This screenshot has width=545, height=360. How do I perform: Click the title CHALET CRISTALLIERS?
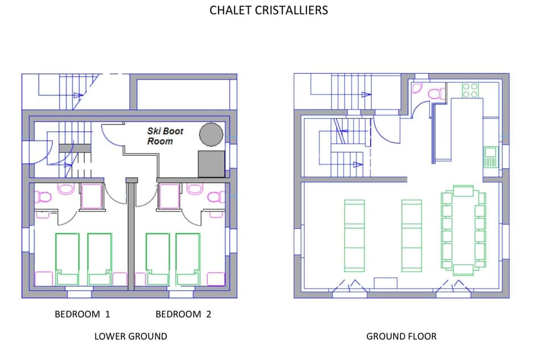[269, 10]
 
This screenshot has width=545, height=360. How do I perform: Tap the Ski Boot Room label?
[165, 136]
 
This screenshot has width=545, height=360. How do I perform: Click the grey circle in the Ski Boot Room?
[211, 134]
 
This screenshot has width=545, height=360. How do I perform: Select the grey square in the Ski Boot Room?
[211, 164]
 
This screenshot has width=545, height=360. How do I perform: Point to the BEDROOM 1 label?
[82, 314]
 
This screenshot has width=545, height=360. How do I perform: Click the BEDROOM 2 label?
[183, 314]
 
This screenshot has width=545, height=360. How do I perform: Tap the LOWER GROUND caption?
[131, 336]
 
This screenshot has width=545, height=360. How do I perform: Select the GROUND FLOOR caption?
[401, 336]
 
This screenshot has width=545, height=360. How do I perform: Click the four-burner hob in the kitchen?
[471, 90]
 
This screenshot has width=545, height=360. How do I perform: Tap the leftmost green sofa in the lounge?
[354, 235]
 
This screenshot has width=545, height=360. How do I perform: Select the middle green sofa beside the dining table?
[412, 235]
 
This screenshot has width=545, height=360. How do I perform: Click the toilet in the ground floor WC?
[437, 94]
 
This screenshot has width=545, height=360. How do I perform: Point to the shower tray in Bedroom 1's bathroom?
[91, 196]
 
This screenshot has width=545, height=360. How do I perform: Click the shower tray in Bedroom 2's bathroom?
[169, 196]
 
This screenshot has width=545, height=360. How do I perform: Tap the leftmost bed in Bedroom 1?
[67, 258]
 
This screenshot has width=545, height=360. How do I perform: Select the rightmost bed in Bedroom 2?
[188, 258]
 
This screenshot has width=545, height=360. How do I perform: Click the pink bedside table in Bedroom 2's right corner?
[216, 279]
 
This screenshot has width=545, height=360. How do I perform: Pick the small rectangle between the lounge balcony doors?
[385, 283]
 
